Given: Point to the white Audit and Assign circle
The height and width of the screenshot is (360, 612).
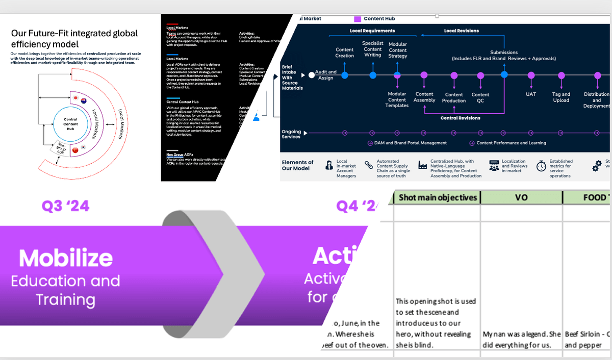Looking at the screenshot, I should pos(311,75).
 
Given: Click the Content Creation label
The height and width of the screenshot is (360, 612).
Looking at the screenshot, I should pos(345,53).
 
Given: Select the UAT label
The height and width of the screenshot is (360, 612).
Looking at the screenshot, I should pos(531,94).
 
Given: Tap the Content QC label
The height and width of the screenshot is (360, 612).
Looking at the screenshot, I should pos(480,97).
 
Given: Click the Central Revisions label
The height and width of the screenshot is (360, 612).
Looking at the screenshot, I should pos(460,118).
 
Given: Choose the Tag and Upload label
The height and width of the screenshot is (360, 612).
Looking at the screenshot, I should pos(561,97).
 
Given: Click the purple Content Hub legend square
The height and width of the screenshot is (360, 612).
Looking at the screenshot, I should pos(358,19).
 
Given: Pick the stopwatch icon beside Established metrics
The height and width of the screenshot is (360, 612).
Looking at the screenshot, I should pos(541,166).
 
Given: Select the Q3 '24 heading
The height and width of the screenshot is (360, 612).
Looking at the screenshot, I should pos(65,206).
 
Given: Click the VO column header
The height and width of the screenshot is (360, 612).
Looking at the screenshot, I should pos(521,197).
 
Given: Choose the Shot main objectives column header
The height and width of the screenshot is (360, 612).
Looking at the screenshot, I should pos(438,197).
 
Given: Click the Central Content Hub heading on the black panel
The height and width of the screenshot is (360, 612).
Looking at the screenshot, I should pos(183,102).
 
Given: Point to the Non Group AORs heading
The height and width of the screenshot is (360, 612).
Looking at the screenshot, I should pos(180,155).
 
